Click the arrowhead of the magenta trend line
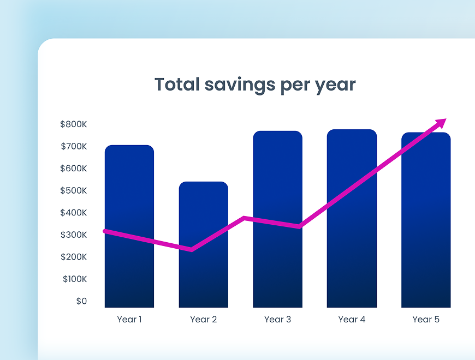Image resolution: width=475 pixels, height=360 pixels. pyautogui.click(x=441, y=123)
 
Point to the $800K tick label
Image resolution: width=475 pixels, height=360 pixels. pyautogui.click(x=74, y=124)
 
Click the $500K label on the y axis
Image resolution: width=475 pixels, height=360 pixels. pyautogui.click(x=74, y=191)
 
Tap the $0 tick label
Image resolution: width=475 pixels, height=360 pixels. pyautogui.click(x=81, y=301)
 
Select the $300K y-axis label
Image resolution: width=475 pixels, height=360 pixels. pyautogui.click(x=74, y=235)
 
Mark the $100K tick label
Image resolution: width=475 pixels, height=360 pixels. pyautogui.click(x=74, y=279)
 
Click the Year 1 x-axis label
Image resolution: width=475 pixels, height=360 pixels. pyautogui.click(x=129, y=320)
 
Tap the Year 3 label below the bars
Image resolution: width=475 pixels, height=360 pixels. pyautogui.click(x=277, y=320)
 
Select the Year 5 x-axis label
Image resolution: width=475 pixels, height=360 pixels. pyautogui.click(x=426, y=320)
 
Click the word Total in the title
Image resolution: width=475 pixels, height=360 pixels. pyautogui.click(x=175, y=85)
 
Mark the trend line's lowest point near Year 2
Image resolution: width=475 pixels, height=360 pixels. pyautogui.click(x=191, y=250)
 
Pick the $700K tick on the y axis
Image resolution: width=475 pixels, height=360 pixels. pyautogui.click(x=74, y=147)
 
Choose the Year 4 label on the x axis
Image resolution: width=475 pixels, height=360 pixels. pyautogui.click(x=352, y=320)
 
